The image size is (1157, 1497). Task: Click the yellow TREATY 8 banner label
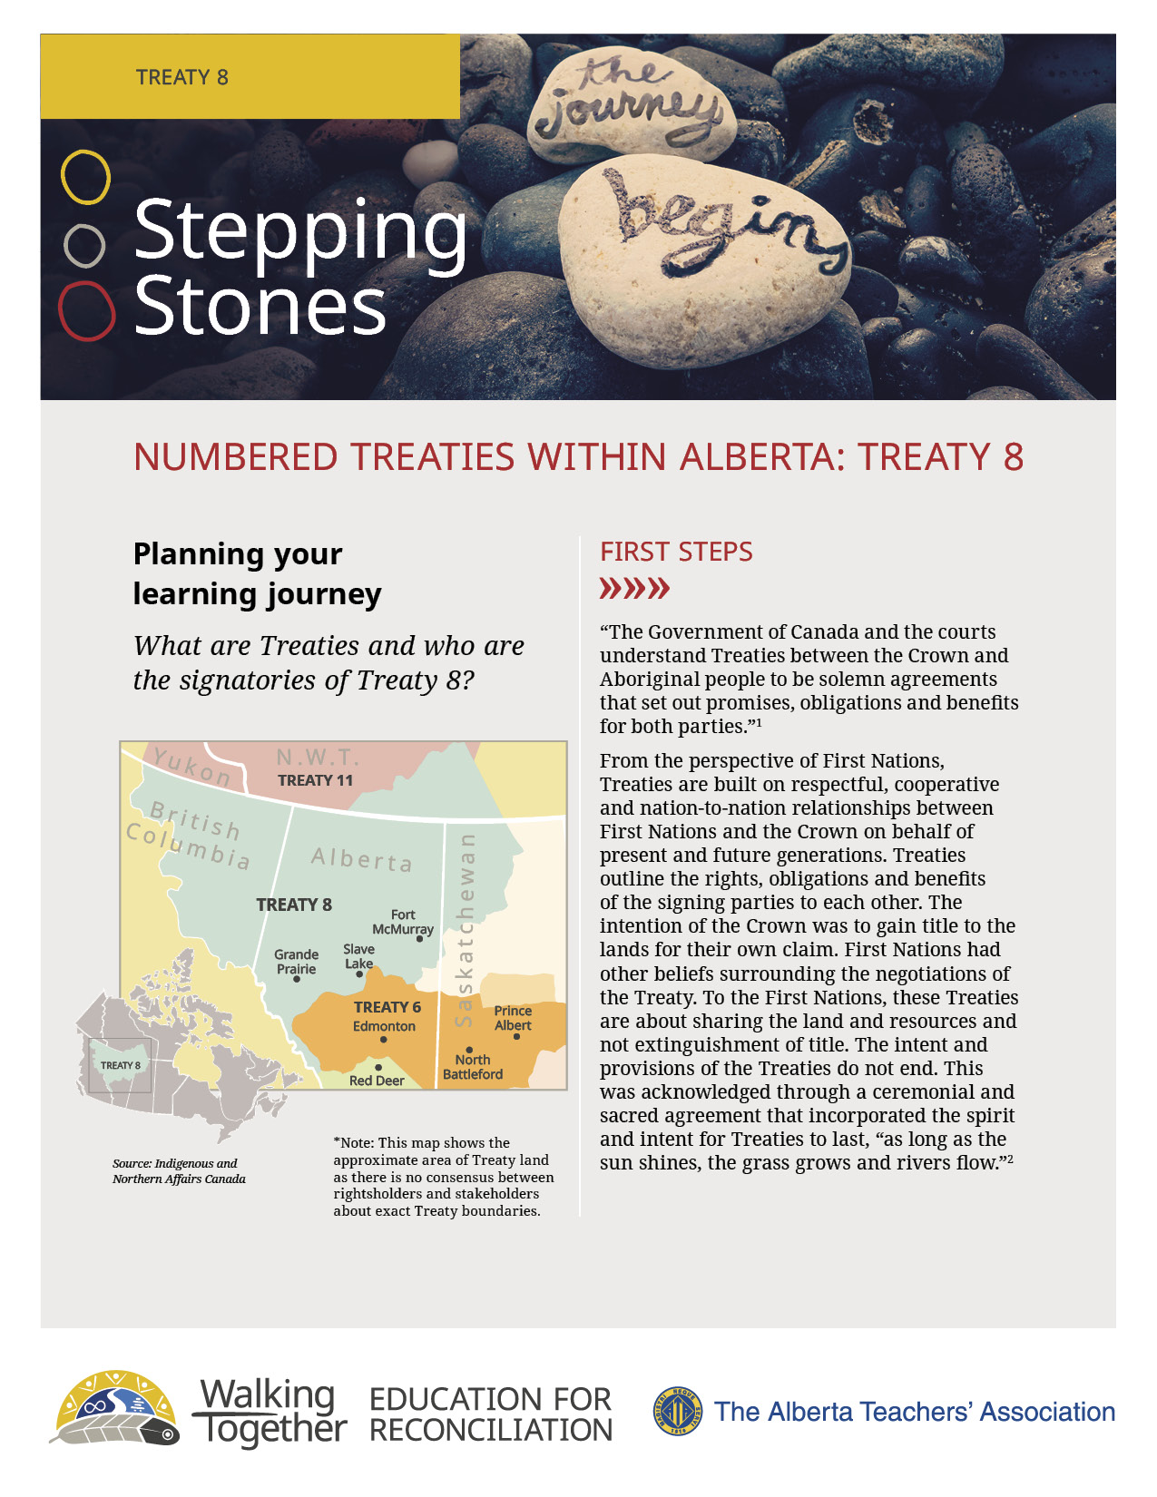pos(182,77)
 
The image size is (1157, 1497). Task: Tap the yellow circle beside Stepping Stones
pos(85,177)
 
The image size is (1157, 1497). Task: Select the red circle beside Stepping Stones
pos(86,310)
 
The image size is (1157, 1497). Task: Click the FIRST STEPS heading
pos(676,552)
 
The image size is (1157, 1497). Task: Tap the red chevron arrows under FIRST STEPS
pos(634,589)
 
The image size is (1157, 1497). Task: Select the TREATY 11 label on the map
pos(315,780)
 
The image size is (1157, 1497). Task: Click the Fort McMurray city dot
pos(419,939)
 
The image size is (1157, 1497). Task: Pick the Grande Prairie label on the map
pos(297,961)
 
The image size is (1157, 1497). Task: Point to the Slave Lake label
pos(358,955)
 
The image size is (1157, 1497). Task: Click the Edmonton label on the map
pos(384,1026)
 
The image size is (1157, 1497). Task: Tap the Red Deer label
pos(377,1081)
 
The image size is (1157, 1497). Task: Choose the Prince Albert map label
pos(513,1018)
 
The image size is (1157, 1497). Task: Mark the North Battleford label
pos(473,1067)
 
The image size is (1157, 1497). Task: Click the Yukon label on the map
pos(191,767)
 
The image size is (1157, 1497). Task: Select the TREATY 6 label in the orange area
pos(387,1007)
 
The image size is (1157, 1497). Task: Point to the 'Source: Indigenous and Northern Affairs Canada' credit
pos(179,1170)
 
